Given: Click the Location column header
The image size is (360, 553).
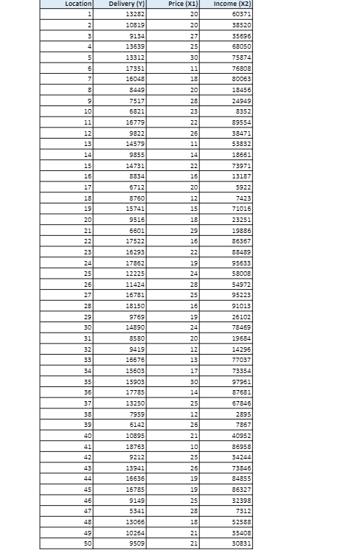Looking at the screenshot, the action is [77, 4].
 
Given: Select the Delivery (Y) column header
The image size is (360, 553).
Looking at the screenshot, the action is [126, 4].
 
